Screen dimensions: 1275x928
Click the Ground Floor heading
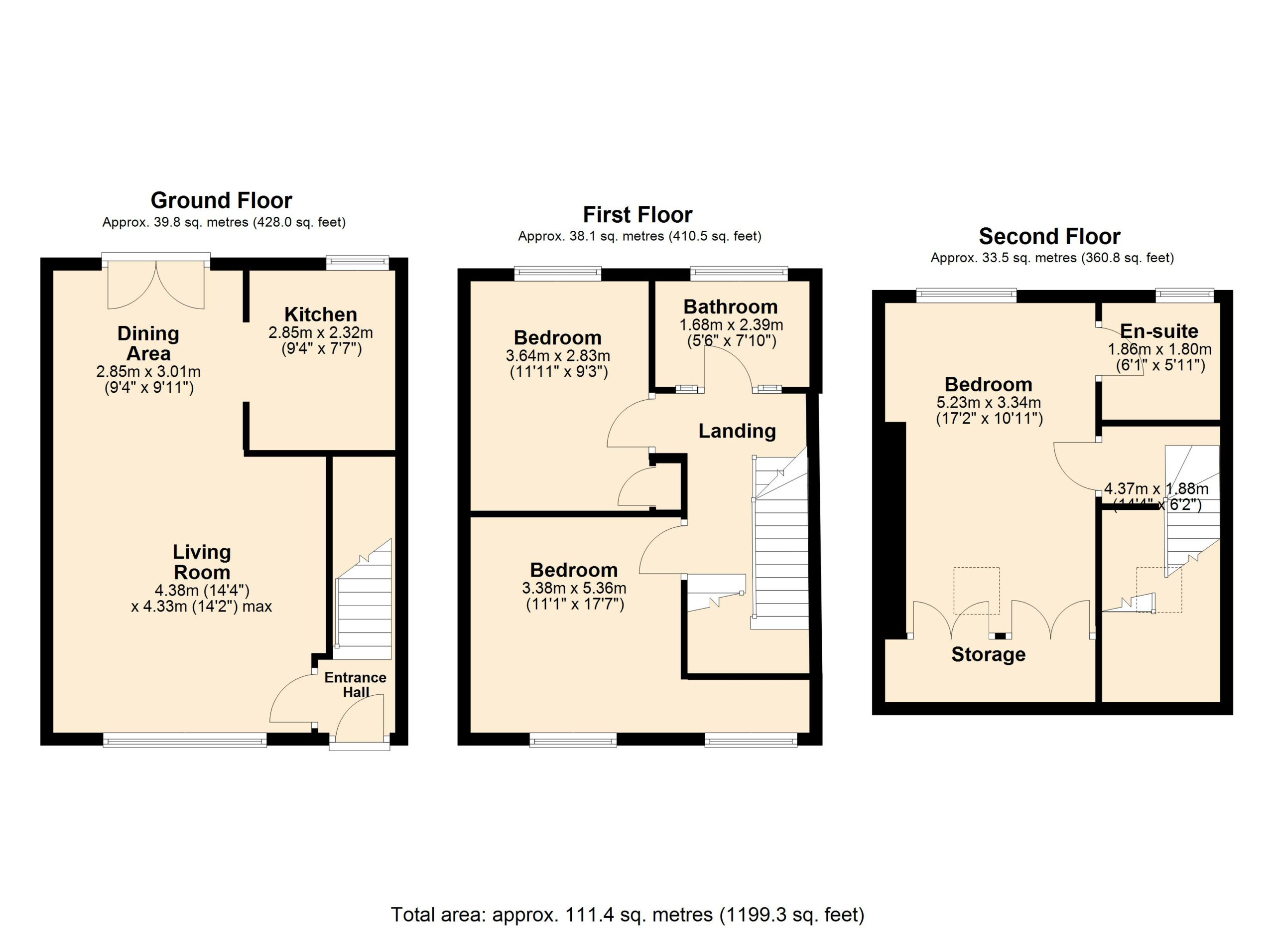[x=222, y=200]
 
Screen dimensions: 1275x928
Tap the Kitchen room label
[x=320, y=314]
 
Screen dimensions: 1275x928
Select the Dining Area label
[x=148, y=343]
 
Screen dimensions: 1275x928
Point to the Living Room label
[x=202, y=562]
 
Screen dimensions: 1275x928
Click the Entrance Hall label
[x=355, y=684]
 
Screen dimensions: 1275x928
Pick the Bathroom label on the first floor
[x=730, y=307]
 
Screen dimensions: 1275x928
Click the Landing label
[x=737, y=431]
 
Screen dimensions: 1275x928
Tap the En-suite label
[x=1159, y=331]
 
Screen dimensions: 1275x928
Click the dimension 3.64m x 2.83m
[x=558, y=355]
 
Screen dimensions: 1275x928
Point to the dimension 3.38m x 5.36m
[x=574, y=588]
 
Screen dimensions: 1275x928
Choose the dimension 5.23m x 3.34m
[x=988, y=402]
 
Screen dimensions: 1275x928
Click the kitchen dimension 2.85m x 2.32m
[x=320, y=332]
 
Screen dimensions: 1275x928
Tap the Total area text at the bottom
[x=628, y=914]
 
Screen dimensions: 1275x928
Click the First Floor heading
[x=637, y=214]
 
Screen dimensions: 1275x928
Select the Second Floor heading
[x=1049, y=236]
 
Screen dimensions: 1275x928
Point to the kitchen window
[x=358, y=263]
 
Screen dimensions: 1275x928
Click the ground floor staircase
[x=363, y=599]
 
